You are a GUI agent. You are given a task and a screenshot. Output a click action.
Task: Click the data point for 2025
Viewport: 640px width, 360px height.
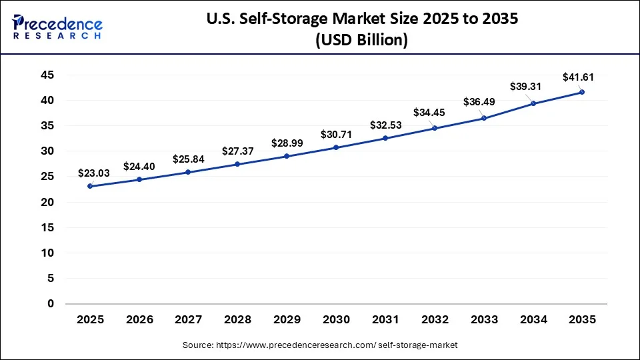pos(90,186)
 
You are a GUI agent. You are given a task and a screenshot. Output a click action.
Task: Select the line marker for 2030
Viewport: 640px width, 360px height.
pos(336,147)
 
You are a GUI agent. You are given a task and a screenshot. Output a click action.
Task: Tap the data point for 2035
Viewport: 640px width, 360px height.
pos(582,92)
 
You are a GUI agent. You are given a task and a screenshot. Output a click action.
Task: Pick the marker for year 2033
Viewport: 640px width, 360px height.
pos(483,118)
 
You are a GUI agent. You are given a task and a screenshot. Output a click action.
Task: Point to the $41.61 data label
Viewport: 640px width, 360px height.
pos(577,77)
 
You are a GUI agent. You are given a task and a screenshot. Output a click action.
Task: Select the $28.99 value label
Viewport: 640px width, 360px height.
pos(287,143)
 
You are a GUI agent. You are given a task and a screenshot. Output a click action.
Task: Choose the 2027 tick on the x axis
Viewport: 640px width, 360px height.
pos(188,320)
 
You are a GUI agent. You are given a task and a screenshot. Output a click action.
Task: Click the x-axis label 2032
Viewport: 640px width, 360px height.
pos(434,320)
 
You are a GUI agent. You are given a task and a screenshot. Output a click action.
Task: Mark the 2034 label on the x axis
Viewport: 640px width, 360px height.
pos(533,320)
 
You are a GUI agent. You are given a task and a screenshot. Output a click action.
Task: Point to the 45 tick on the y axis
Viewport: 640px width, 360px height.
pos(46,75)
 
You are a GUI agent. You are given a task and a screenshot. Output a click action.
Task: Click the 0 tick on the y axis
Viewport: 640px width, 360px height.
pos(50,304)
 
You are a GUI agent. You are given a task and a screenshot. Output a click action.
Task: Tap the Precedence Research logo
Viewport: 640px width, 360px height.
pos(57,27)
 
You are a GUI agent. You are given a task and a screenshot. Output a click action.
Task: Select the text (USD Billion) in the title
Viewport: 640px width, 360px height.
pos(360,39)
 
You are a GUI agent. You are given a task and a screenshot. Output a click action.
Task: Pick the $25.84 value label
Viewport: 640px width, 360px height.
pos(188,159)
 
